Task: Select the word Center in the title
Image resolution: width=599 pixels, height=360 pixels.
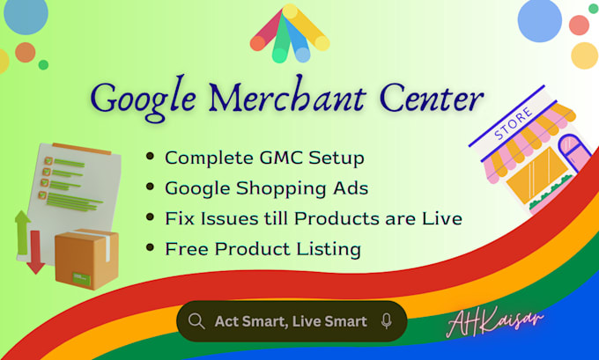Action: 433,96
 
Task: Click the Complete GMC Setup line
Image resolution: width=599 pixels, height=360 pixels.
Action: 264,158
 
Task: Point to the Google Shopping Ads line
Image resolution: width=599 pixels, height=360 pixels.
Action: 267,188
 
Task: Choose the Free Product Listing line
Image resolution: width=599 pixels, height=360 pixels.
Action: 263,249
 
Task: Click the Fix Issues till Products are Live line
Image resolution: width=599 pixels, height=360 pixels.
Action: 313,218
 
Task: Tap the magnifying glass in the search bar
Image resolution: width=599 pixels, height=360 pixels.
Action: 196,321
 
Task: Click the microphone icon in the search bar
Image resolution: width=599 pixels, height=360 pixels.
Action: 386,321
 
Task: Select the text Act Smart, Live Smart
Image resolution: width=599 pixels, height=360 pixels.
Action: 291,321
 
